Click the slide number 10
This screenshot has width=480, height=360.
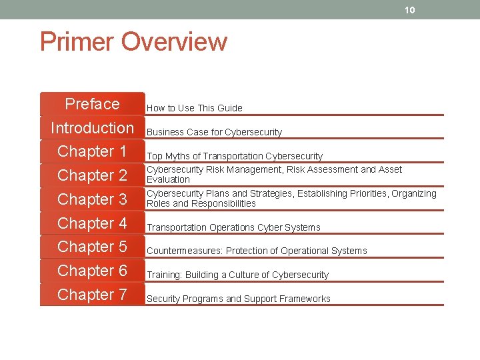tap(410, 10)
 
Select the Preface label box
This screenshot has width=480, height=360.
tap(92, 104)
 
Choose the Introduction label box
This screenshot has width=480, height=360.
tap(92, 127)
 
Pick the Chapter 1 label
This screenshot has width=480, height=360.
tap(92, 151)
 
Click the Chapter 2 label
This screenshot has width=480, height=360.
tap(92, 175)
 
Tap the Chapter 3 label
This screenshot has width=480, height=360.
tap(92, 199)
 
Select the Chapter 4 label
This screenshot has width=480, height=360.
tap(92, 223)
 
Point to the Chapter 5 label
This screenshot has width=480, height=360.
tap(92, 247)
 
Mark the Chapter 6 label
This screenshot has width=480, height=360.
tap(92, 271)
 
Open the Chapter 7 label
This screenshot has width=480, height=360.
tap(92, 295)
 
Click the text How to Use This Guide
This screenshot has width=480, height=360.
tap(194, 108)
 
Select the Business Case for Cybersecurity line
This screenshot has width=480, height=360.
tap(214, 132)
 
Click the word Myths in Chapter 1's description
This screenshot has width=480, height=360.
tap(177, 156)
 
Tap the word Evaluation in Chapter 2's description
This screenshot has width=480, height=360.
tap(168, 179)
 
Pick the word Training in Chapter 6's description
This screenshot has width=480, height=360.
tap(164, 275)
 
